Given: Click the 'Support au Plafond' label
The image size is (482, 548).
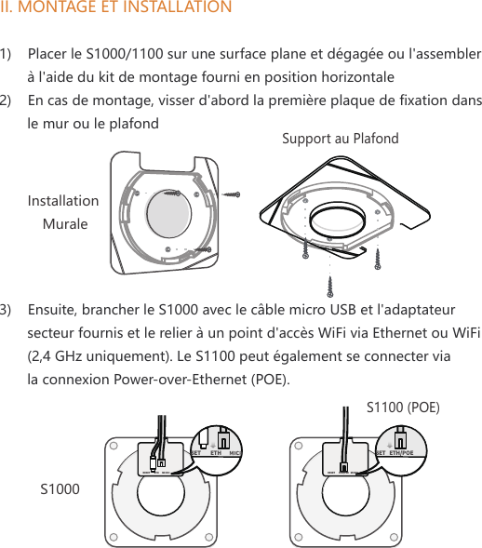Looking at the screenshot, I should tap(340, 139).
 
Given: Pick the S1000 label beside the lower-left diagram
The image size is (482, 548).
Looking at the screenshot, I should tap(60, 488).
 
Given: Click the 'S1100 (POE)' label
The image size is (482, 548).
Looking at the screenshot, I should tap(403, 407).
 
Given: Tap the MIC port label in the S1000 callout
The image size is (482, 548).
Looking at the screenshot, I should tap(235, 453).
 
